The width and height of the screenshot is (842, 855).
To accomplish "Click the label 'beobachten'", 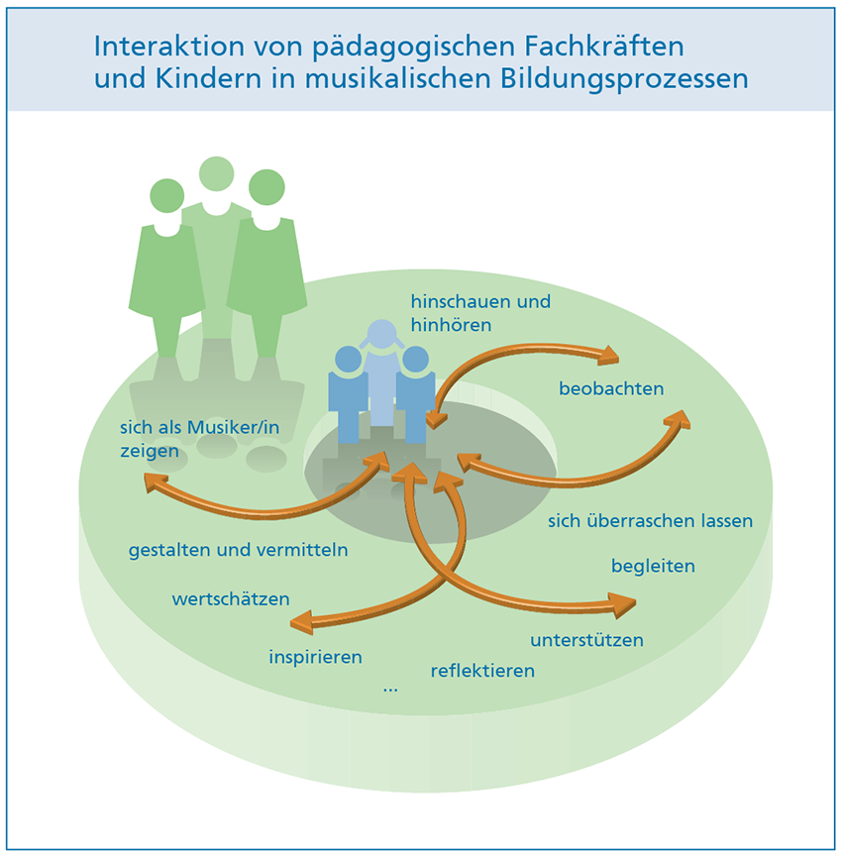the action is coord(611,388).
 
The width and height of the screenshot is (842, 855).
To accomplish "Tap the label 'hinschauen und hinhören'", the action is coord(480,313).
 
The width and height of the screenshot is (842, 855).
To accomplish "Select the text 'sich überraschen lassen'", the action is coord(650,521).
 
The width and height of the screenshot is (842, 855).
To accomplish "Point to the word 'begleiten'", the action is coord(653,566).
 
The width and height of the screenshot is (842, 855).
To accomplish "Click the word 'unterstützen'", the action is coord(586,640).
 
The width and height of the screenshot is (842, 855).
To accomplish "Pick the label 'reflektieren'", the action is coord(482,670).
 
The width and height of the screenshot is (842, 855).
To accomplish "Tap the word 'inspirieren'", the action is coord(315,657).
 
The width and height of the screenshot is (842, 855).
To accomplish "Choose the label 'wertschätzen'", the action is coord(231,599).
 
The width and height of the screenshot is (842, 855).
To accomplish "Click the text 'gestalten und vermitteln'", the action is coord(239,550).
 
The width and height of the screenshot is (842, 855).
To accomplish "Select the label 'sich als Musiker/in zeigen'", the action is coord(199,439).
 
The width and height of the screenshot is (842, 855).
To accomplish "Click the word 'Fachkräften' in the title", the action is coord(604,46).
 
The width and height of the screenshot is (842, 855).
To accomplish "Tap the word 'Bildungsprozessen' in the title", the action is coord(624,78).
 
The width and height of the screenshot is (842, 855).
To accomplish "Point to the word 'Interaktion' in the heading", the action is coord(169,46).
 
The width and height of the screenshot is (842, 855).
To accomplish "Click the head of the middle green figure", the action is coord(217,174).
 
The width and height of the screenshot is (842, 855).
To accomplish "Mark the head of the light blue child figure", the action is coord(381,334).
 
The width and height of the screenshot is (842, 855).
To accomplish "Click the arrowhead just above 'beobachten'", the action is coord(608,355).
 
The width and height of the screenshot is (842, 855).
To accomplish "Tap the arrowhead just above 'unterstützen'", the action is coord(623,604).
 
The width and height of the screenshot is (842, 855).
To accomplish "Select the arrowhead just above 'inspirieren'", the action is coord(301,623).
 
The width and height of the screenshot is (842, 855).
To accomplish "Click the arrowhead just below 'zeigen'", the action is coord(155,482).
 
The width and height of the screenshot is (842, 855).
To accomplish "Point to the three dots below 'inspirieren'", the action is coord(390,691).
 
